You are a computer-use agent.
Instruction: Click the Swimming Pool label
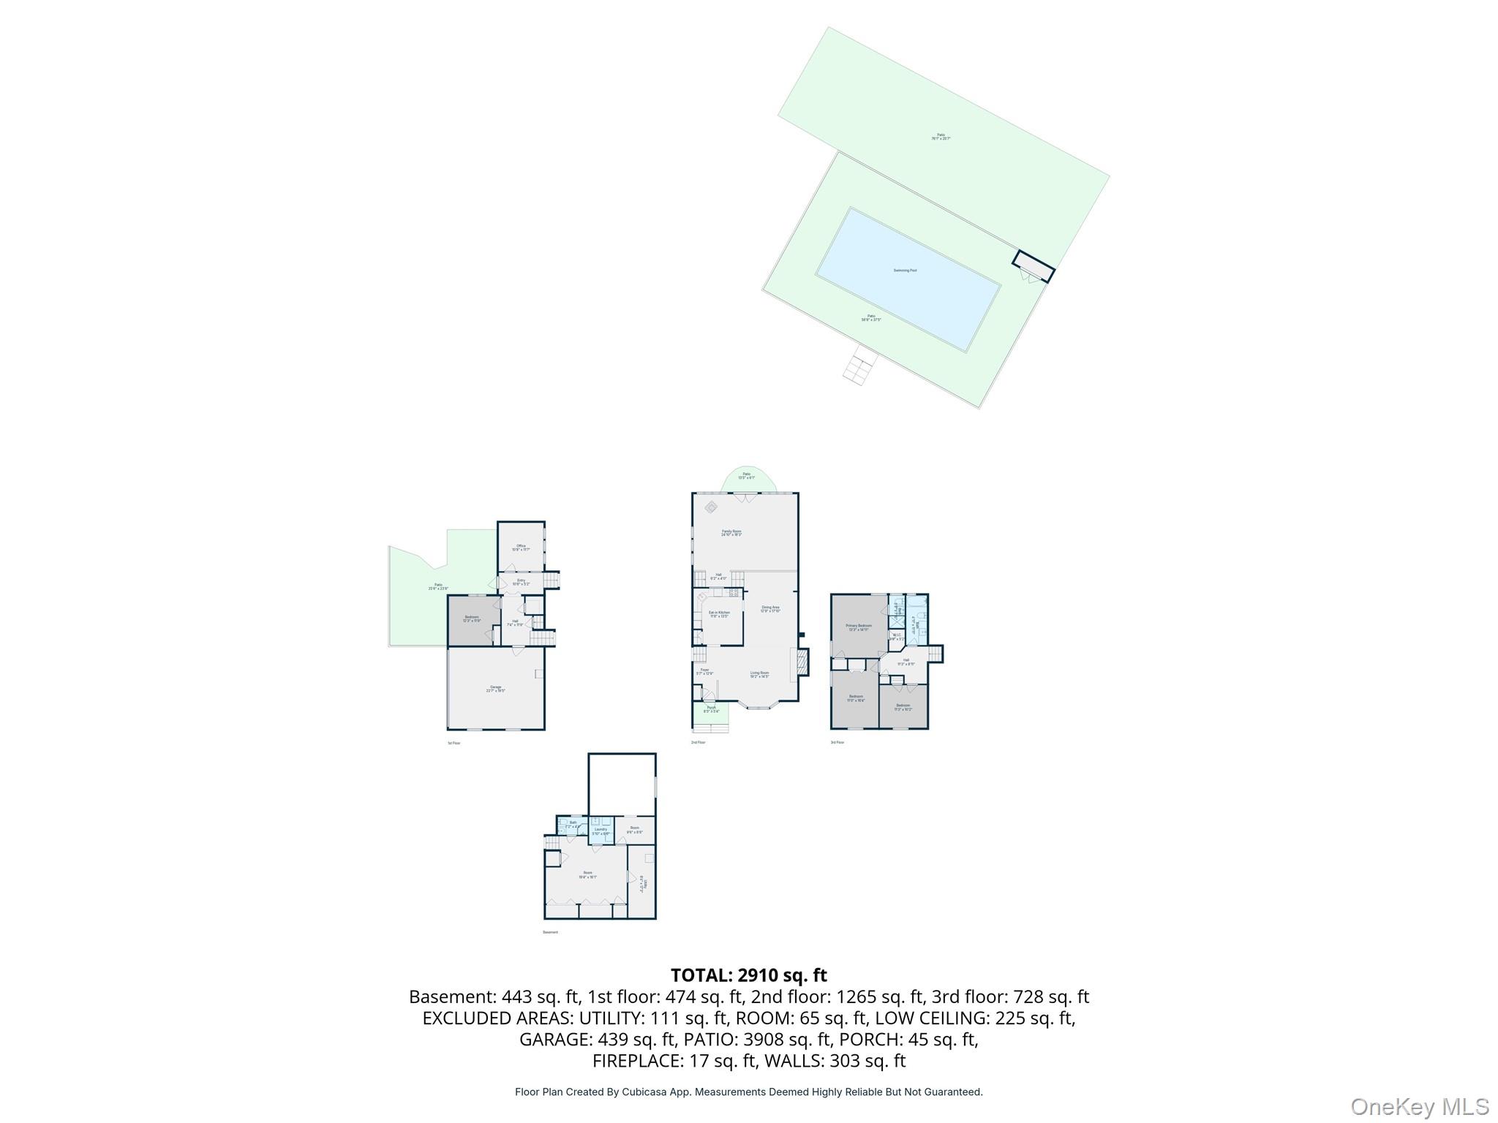pos(905,271)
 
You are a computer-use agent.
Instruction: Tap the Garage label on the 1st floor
pos(496,688)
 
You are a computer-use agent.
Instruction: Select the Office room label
pos(521,547)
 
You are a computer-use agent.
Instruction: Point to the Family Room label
pos(731,533)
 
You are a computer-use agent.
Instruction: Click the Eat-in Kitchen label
pos(719,614)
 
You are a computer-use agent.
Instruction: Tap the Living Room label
pos(759,674)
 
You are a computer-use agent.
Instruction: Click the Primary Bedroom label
pos(859,627)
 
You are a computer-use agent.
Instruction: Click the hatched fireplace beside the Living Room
pos(802,662)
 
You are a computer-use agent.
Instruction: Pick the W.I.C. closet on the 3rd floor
pos(897,636)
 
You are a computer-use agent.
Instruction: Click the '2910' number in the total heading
pos(761,975)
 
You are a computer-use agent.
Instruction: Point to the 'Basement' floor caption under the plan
pos(550,932)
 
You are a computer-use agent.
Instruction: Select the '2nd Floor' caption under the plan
pos(698,742)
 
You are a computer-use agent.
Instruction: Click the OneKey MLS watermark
pos(1419,1106)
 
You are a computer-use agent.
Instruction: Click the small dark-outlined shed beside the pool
pos(1034,267)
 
